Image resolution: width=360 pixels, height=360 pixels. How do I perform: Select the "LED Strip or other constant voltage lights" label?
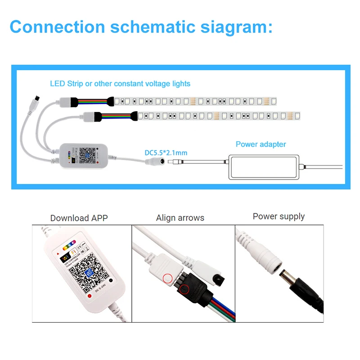coord(120,84)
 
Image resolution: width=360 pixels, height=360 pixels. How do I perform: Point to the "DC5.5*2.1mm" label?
coord(166,153)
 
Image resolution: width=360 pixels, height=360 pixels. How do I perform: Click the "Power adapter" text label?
coord(261,144)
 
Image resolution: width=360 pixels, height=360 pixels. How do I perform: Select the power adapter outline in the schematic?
coord(263,166)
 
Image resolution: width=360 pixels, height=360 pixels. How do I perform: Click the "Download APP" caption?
coord(79,218)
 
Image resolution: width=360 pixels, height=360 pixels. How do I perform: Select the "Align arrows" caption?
coord(180,218)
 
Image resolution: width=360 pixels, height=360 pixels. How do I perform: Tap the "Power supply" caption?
coord(279,216)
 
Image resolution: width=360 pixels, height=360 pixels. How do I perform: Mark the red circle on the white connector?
coord(168,279)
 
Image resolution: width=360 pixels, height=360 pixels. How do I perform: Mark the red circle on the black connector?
coord(184,289)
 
